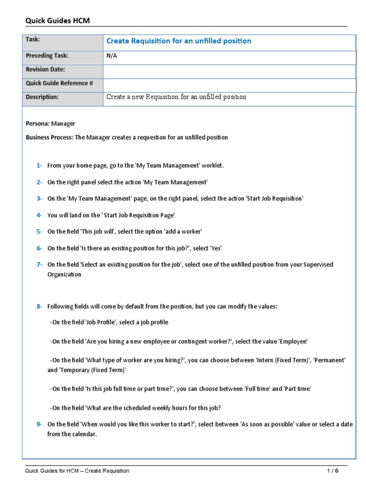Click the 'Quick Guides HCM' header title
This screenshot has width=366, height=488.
click(57, 20)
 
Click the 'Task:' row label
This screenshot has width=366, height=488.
click(33, 40)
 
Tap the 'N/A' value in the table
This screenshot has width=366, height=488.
click(112, 56)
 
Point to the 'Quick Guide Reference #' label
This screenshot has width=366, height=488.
click(59, 83)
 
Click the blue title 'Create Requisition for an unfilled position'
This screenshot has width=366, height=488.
click(179, 41)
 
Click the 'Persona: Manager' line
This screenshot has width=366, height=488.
click(51, 123)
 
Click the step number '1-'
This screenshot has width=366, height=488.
click(39, 165)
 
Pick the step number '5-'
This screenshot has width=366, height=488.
click(39, 231)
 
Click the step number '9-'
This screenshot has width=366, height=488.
click(39, 424)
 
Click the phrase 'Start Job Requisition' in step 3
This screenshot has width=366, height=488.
click(274, 198)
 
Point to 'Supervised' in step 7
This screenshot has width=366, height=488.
click(319, 264)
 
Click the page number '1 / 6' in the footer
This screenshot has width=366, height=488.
click(332, 471)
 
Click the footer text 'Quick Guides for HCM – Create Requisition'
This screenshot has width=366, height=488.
click(77, 471)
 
